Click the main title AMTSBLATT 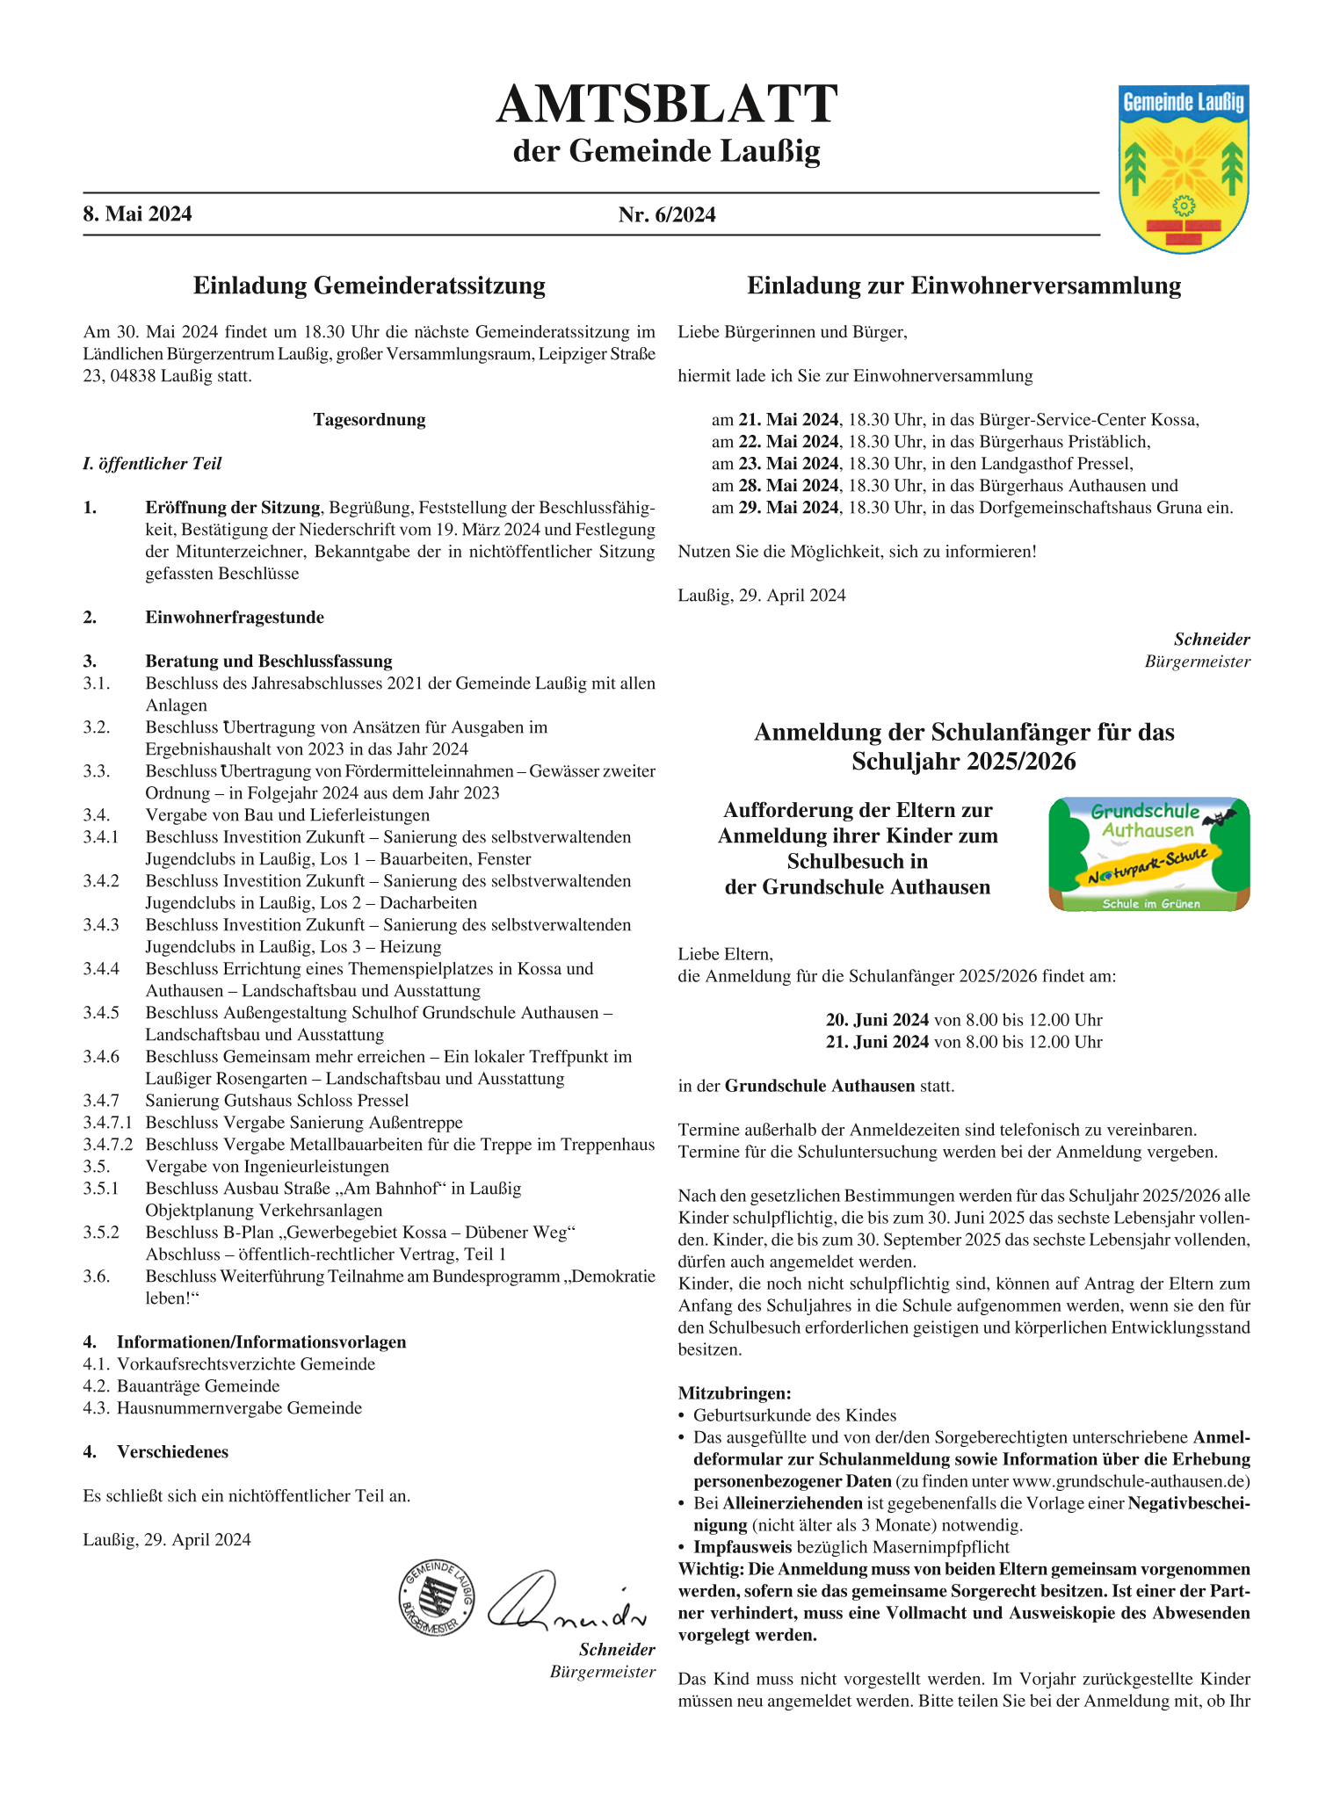click(x=666, y=105)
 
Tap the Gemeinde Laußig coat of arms click(x=1183, y=168)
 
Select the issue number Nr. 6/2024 click(x=666, y=214)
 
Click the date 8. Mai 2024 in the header click(x=137, y=214)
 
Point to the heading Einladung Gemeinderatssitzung click(x=369, y=286)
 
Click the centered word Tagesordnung click(x=369, y=420)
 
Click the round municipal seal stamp click(x=436, y=1598)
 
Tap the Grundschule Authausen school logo click(x=1148, y=854)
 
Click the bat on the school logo click(x=1219, y=820)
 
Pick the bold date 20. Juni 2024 click(x=877, y=1020)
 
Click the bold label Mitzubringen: click(x=735, y=1393)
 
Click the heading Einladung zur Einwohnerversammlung click(x=964, y=286)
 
